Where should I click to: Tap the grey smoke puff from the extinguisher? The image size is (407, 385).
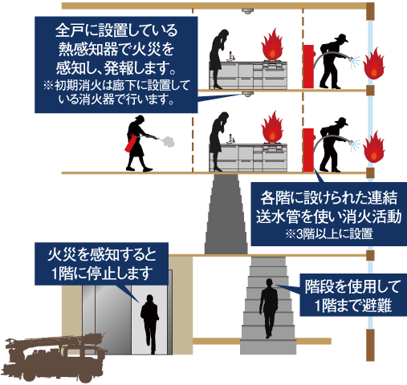[168, 141]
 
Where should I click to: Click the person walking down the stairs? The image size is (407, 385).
[268, 308]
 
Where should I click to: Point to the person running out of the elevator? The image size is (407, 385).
[150, 324]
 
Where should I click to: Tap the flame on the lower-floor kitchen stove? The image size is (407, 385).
[272, 127]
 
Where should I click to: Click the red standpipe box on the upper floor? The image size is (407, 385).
[308, 67]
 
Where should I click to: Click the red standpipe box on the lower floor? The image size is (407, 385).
[308, 150]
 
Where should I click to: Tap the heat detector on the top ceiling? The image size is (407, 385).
[247, 11]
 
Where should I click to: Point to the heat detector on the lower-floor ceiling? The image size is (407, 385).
[247, 94]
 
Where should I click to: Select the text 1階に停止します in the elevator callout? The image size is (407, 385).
[101, 273]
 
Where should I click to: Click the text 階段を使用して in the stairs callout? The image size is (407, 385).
[352, 286]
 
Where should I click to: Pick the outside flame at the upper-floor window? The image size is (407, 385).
[374, 63]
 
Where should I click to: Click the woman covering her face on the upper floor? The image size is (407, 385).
[219, 59]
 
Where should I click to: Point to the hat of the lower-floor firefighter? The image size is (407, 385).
[342, 121]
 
